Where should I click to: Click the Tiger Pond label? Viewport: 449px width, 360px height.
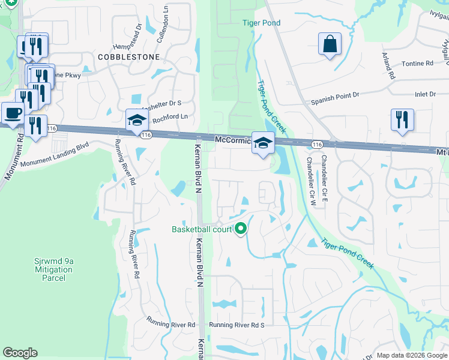[x=261, y=23]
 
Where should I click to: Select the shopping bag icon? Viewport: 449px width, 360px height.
[x=330, y=44]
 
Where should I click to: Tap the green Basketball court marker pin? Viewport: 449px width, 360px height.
[x=241, y=229]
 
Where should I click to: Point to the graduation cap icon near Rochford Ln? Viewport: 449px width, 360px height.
[x=137, y=120]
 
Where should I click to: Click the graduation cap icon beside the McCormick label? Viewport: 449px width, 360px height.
[x=262, y=143]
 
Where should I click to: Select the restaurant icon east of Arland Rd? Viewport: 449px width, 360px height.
[x=402, y=118]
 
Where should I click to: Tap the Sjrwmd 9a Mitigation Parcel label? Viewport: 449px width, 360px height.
[x=53, y=269]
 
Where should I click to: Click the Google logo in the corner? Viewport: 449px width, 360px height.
[x=20, y=353]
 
